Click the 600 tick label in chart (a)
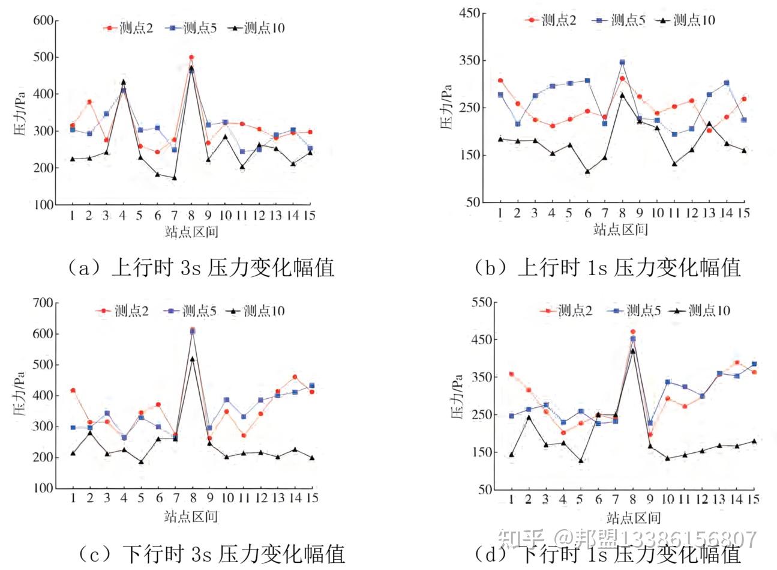coord(43,20)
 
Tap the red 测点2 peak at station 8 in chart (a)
coord(191,58)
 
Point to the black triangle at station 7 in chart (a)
coord(174,178)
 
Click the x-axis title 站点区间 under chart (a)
coord(191,232)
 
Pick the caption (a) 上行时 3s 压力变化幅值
coord(201,267)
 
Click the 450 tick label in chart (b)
coord(469,13)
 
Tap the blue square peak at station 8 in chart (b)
coord(622,62)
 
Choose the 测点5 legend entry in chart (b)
coord(620,20)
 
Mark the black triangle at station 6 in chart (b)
coord(587,172)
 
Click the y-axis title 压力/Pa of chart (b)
coord(446,107)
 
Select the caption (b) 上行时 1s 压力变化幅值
coord(607,267)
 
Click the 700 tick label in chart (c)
coord(43,303)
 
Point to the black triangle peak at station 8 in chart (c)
coord(192,359)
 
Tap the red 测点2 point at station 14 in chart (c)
coord(295,377)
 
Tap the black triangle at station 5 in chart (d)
coord(580,461)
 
